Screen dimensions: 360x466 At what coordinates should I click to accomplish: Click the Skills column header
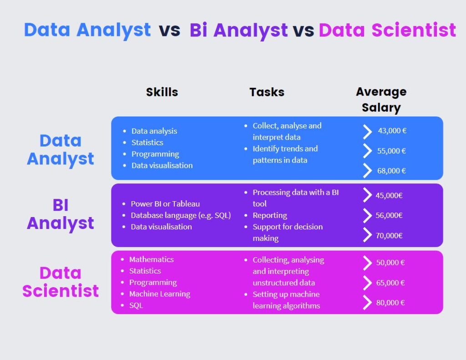click(162, 92)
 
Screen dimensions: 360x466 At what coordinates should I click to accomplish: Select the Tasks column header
click(267, 92)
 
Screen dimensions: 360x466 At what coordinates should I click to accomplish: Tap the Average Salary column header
click(381, 100)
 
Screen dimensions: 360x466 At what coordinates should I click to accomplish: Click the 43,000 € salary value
click(392, 131)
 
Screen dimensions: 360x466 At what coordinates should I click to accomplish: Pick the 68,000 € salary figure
click(391, 171)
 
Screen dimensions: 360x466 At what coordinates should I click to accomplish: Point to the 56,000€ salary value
click(389, 215)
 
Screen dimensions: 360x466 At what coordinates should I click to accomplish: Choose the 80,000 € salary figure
click(390, 303)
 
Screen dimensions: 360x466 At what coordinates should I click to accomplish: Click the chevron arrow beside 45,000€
click(367, 195)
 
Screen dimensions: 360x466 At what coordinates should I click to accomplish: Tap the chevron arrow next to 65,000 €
click(367, 283)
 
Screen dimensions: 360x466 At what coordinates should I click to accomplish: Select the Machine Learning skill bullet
click(159, 294)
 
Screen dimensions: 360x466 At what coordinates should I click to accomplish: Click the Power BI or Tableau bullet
click(165, 204)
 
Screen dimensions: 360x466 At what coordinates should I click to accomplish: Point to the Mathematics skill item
click(151, 259)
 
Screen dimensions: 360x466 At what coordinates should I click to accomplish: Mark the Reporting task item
click(270, 215)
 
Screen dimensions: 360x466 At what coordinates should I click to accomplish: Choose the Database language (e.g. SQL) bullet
click(181, 215)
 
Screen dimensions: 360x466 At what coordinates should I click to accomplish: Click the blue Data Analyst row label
click(61, 150)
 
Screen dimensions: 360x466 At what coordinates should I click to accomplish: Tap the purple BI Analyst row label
click(61, 214)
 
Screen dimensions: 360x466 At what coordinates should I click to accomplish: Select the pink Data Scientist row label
click(61, 282)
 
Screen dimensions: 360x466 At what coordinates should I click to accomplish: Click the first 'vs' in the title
click(169, 30)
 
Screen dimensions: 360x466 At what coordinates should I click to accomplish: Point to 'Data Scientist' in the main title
click(387, 30)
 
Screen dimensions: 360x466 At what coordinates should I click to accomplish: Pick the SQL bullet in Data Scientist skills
click(136, 305)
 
